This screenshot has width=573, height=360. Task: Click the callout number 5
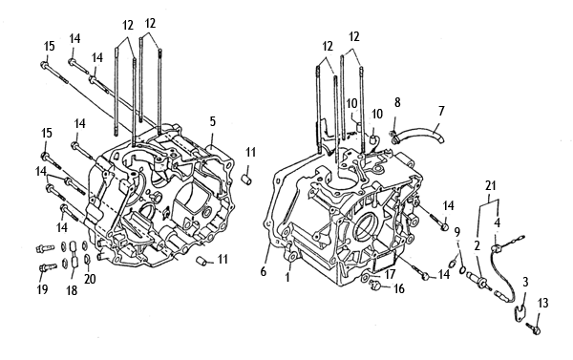(x=213, y=121)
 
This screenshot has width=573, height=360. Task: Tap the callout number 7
(x=441, y=111)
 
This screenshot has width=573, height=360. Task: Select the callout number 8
(x=397, y=103)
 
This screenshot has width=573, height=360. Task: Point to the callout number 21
(x=491, y=185)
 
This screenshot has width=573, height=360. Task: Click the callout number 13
(x=543, y=303)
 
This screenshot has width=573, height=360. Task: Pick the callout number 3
(x=525, y=282)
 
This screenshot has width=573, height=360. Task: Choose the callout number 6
(x=264, y=271)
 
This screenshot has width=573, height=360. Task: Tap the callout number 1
(x=287, y=278)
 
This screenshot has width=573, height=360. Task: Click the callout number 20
(x=90, y=279)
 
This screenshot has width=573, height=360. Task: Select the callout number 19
(x=42, y=289)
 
